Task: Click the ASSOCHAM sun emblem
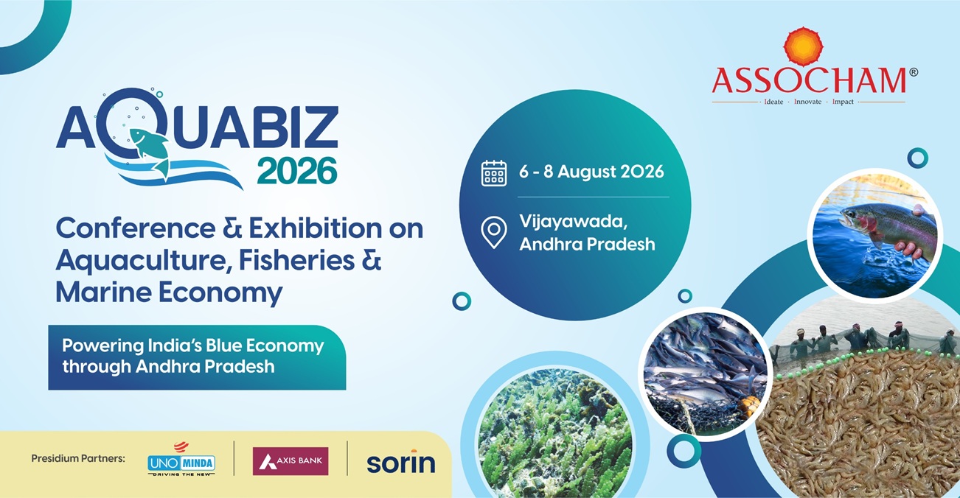pos(804,46)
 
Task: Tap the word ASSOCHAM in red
pos(809,80)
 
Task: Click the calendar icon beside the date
pos(494,173)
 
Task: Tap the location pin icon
pos(494,232)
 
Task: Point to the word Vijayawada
pos(574,222)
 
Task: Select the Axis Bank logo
pos(291,461)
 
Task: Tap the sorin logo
pos(400,462)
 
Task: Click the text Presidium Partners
pos(78,459)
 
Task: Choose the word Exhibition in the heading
pos(315,228)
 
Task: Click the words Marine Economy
pos(169,294)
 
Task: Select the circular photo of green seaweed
pos(555,433)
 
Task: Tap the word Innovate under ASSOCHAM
pos(808,102)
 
